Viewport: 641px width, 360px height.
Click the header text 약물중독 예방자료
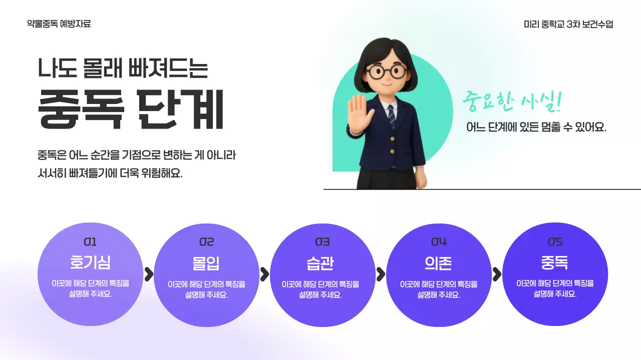tap(59, 23)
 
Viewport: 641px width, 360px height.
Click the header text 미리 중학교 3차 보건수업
tap(568, 24)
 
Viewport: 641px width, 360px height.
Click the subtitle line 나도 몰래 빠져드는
tap(123, 68)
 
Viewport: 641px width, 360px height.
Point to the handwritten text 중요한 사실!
tap(512, 101)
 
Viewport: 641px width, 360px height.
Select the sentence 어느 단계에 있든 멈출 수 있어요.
tap(536, 127)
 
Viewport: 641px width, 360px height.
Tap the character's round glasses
tap(386, 71)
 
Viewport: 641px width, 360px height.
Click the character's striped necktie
tap(392, 116)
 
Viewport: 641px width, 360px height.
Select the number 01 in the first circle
tap(90, 242)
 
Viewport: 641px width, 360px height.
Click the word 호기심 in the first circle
tap(90, 262)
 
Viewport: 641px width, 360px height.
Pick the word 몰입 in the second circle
tap(206, 263)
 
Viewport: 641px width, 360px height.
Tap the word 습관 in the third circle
tap(322, 263)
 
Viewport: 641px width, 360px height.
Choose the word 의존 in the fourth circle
tap(438, 263)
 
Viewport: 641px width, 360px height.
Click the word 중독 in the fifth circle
tap(554, 262)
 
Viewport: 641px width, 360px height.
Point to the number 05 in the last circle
tap(555, 242)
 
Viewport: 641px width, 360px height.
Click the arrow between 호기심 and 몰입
tap(148, 274)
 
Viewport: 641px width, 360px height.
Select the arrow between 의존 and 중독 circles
tap(496, 274)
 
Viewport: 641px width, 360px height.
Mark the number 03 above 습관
tap(322, 242)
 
